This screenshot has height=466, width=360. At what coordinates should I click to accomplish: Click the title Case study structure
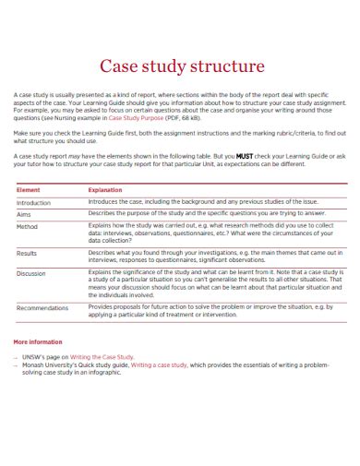pyautogui.click(x=181, y=66)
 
